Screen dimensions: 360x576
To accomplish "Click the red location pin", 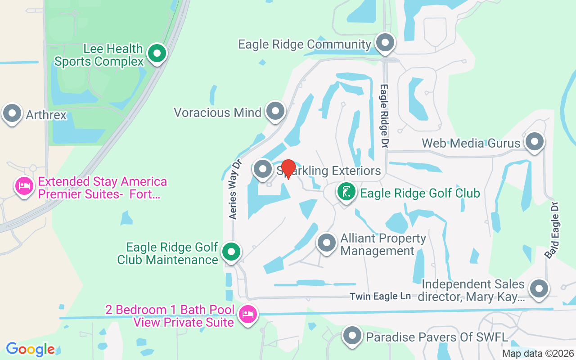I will click(x=288, y=169).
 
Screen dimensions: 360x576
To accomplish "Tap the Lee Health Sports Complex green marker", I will click(x=157, y=54).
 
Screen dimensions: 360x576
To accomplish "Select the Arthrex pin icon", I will click(x=12, y=114).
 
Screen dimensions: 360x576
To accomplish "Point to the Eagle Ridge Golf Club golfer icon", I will click(x=346, y=193).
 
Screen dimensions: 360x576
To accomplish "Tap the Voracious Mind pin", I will click(x=275, y=111).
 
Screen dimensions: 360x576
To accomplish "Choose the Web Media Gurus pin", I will click(x=535, y=142).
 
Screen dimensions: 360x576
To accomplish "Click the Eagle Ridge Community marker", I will click(x=385, y=44).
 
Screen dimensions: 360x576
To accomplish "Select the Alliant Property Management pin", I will click(x=327, y=243).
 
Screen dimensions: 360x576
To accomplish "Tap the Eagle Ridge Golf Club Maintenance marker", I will click(x=232, y=252).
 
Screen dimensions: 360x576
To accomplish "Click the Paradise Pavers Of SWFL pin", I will click(x=352, y=336).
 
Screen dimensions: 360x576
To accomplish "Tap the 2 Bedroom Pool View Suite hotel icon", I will click(x=248, y=314).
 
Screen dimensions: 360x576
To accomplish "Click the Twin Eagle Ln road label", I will click(x=380, y=296).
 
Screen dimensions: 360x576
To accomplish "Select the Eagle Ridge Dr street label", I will click(x=384, y=116).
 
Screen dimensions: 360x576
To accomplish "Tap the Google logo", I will click(x=30, y=349).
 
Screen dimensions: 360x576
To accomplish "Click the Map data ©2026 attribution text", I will click(x=538, y=354).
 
